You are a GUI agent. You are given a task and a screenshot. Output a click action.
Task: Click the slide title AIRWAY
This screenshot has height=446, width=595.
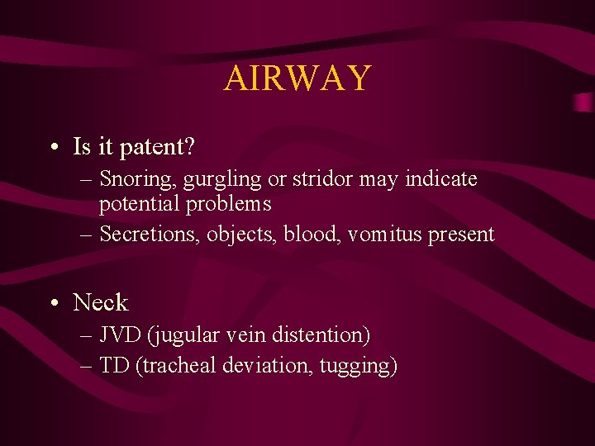(297, 78)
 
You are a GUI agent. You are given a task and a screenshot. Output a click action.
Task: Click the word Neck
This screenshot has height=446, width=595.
(101, 302)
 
